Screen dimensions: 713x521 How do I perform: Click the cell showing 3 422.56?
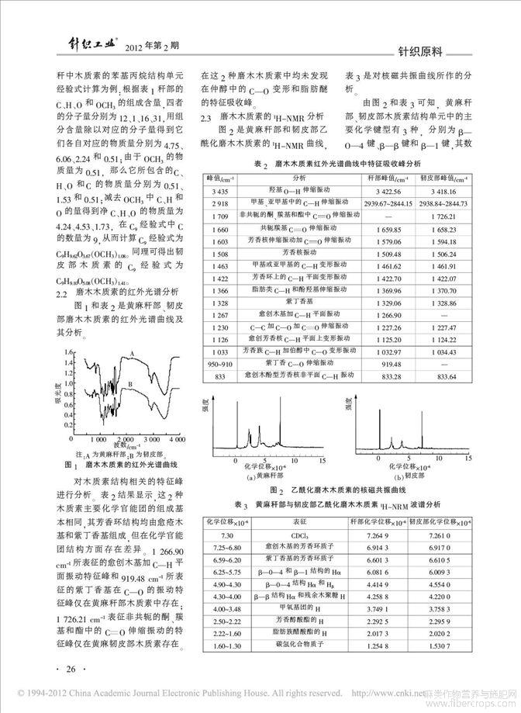pos(395,190)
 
